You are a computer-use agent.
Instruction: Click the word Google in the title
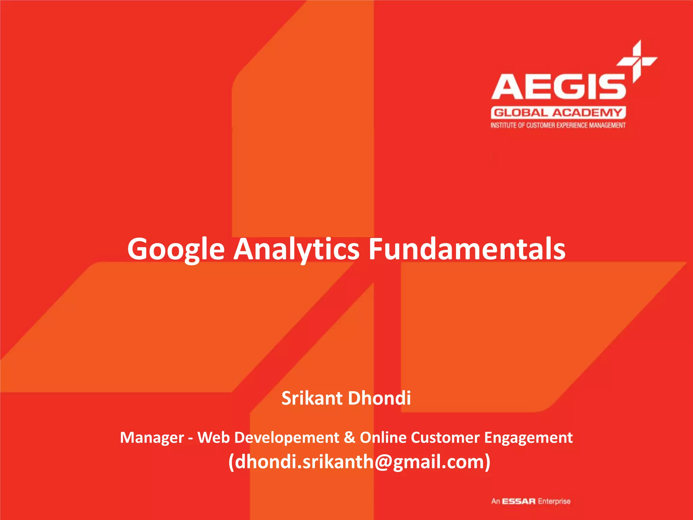pyautogui.click(x=176, y=250)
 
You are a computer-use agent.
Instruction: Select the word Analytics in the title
pyautogui.click(x=296, y=250)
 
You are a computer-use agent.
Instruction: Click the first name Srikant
pyautogui.click(x=312, y=398)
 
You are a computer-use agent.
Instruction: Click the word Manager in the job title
pyautogui.click(x=152, y=438)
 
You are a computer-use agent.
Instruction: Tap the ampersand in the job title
pyautogui.click(x=349, y=437)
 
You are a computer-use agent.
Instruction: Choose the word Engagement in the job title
pyautogui.click(x=529, y=437)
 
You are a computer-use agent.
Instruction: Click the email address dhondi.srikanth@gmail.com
pyautogui.click(x=359, y=462)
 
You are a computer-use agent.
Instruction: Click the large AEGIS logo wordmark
pyautogui.click(x=558, y=87)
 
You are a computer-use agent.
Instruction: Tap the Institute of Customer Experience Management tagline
pyautogui.click(x=558, y=126)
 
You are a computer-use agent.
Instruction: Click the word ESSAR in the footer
pyautogui.click(x=519, y=501)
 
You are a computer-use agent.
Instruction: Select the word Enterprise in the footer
pyautogui.click(x=554, y=501)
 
